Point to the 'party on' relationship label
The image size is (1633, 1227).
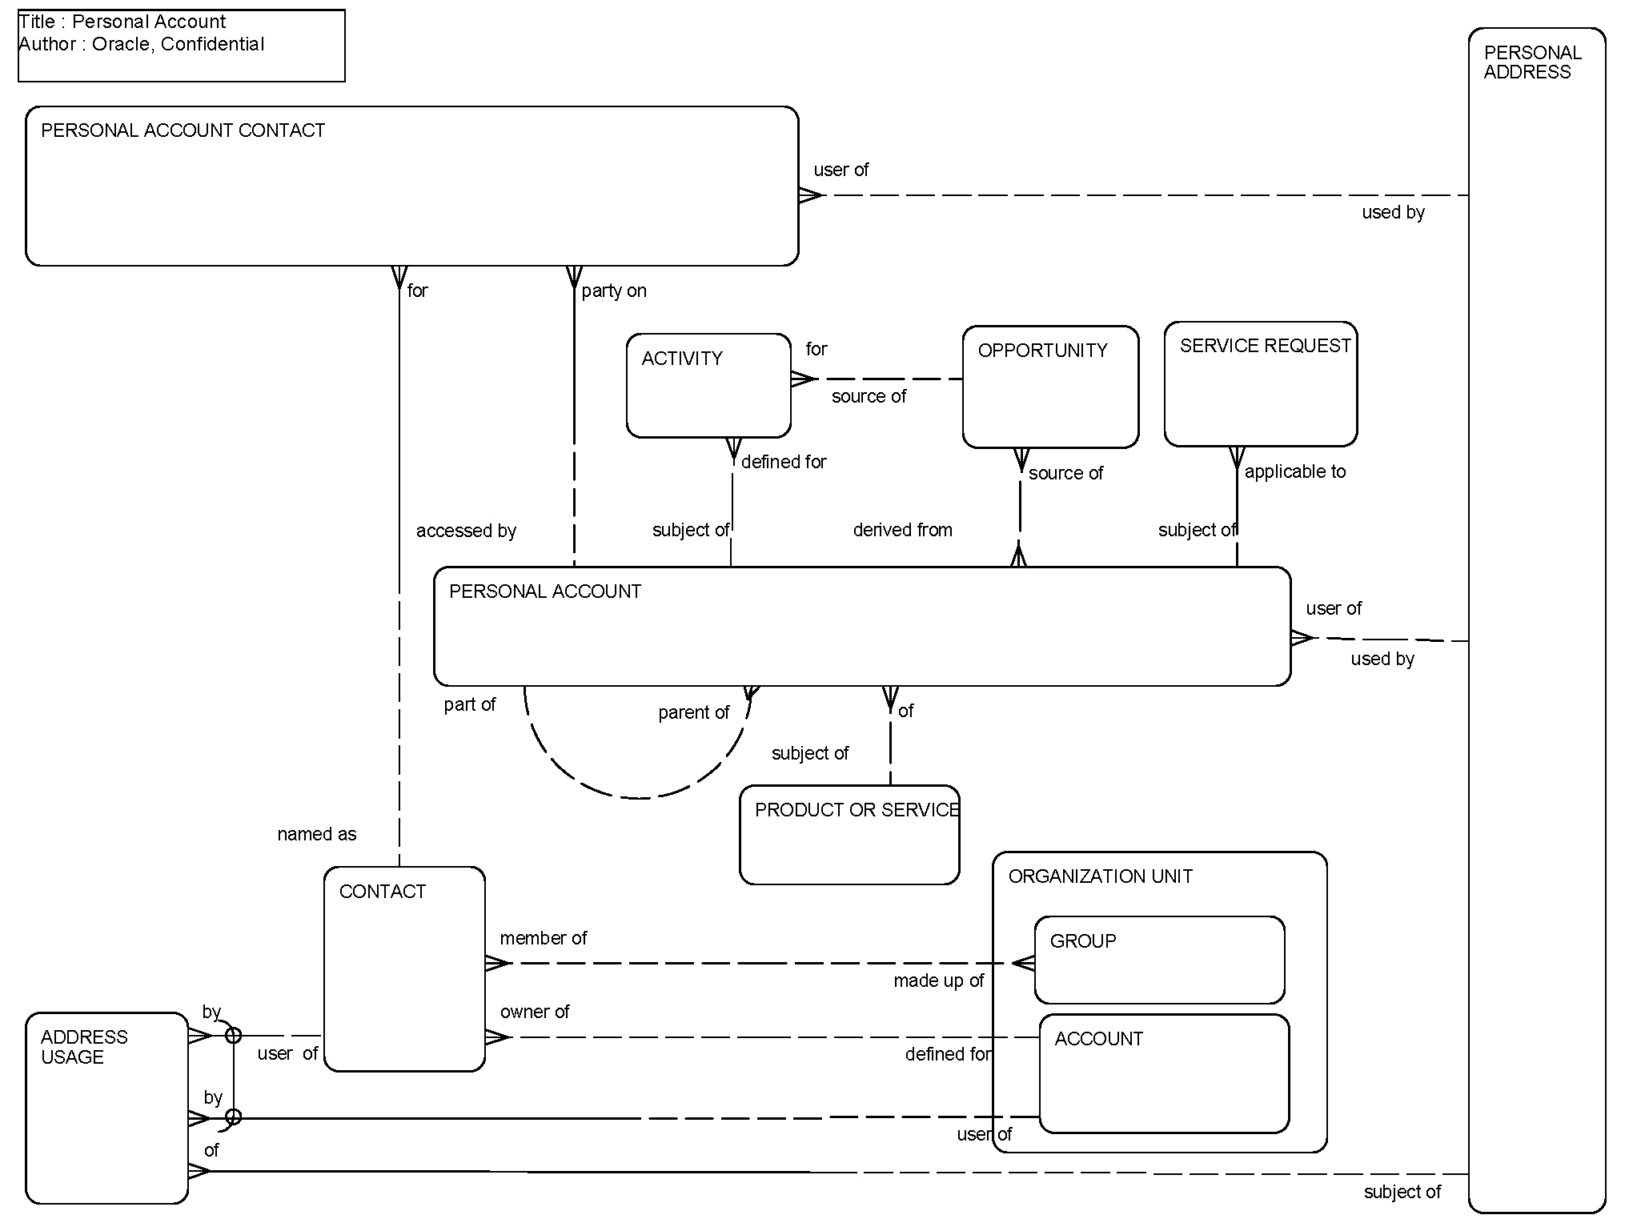[x=614, y=291]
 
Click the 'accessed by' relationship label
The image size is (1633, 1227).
[x=466, y=531]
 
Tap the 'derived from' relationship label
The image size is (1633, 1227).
[x=902, y=530]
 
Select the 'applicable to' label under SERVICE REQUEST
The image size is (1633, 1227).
[x=1294, y=472]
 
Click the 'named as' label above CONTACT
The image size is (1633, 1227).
[x=316, y=834]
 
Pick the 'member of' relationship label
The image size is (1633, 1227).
[x=544, y=938]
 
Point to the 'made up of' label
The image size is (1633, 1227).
[x=938, y=980]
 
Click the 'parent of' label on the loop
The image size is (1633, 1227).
[x=693, y=712]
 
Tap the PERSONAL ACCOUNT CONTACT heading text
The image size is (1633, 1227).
[x=183, y=130]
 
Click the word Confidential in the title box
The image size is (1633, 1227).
[x=212, y=44]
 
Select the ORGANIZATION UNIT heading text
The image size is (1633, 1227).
[x=1100, y=876]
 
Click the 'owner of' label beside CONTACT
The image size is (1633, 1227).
[x=535, y=1012]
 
